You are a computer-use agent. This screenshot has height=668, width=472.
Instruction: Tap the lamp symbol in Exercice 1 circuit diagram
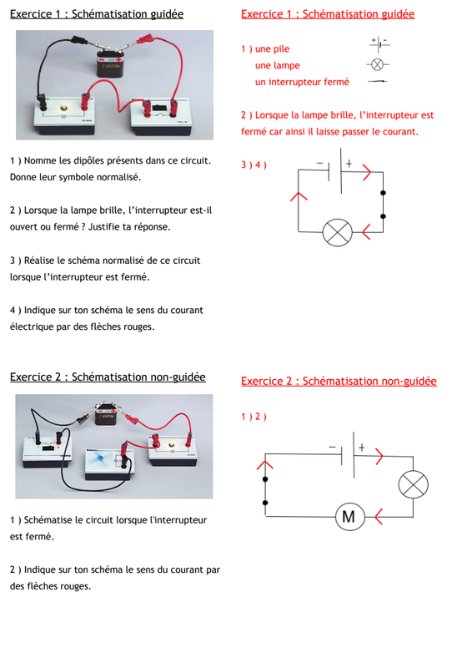338,233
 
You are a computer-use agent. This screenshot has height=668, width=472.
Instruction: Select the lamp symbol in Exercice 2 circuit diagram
414,485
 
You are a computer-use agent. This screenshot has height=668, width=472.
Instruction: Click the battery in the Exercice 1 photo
109,63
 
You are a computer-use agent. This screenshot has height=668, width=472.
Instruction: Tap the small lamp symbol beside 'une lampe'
378,65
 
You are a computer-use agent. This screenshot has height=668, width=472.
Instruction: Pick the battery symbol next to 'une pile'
379,44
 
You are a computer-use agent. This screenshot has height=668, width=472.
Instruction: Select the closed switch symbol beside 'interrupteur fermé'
378,81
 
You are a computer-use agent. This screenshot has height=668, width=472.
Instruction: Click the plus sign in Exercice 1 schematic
349,163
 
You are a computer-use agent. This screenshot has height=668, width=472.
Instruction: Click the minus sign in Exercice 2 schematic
333,448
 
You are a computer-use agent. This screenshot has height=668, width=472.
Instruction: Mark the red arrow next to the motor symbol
378,517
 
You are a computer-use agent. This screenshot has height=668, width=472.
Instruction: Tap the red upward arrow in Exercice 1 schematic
299,196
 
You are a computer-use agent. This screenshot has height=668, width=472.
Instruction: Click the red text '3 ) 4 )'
254,164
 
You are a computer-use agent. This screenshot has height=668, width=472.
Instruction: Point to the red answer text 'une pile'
273,49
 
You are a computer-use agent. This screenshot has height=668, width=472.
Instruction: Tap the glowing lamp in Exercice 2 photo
172,444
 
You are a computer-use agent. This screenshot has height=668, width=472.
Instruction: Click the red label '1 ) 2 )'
254,417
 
